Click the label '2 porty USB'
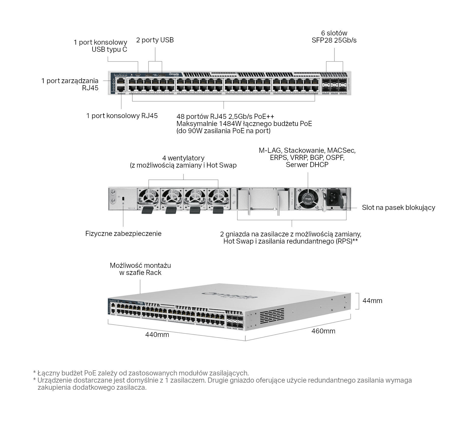point(155,40)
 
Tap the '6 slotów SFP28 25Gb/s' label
point(334,37)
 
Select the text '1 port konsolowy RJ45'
point(122,116)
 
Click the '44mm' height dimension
point(372,301)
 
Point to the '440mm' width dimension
point(157,334)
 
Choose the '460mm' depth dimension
point(323,331)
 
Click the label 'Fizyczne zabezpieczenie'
point(123,234)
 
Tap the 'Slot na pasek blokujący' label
point(398,208)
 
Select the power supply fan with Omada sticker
point(308,199)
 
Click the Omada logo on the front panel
point(174,74)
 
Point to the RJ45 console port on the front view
point(120,89)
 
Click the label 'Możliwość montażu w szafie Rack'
point(140,269)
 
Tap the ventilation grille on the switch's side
point(272,316)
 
